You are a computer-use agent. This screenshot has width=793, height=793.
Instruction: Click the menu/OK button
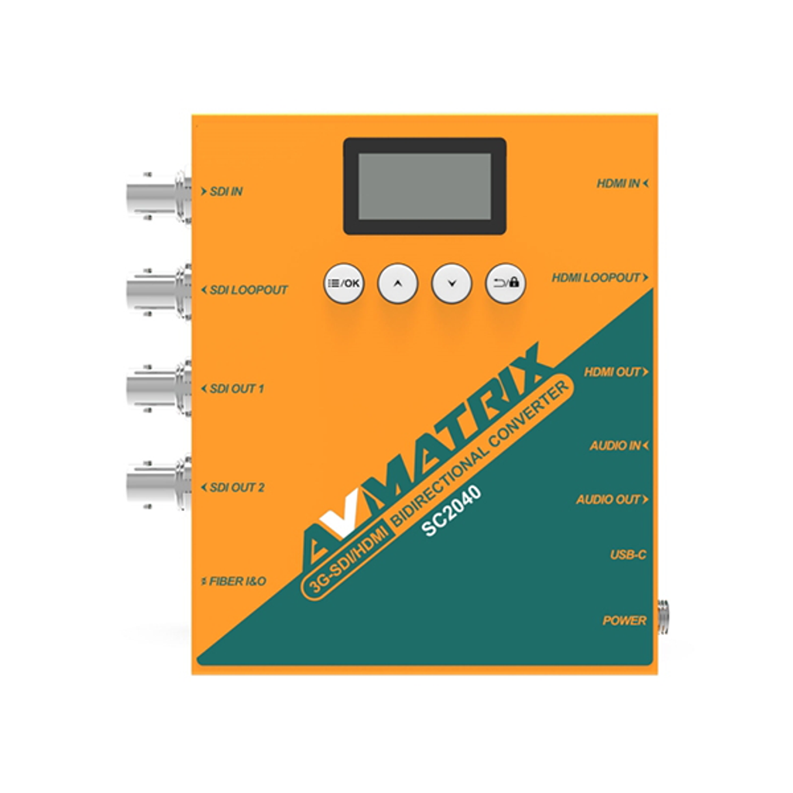(344, 283)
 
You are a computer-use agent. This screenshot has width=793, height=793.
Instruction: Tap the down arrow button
(451, 283)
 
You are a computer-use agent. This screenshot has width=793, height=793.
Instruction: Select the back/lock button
(506, 283)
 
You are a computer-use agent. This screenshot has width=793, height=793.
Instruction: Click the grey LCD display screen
(425, 186)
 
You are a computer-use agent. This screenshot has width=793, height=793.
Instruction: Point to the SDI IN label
(221, 192)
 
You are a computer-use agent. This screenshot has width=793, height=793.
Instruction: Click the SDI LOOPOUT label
(244, 290)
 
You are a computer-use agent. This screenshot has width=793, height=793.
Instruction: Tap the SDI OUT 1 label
(232, 389)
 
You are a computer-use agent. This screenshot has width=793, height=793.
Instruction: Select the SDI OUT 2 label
(232, 488)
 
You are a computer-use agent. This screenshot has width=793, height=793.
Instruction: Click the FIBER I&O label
(233, 582)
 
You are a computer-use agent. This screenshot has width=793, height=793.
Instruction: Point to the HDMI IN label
(623, 184)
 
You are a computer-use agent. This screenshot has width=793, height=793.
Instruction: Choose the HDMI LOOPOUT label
(600, 278)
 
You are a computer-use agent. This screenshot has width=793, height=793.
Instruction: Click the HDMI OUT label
(616, 372)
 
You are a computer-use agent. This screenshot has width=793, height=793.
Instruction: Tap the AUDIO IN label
(619, 446)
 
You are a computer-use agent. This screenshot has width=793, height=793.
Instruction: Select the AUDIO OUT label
(613, 499)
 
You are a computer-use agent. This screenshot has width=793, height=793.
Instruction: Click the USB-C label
(628, 554)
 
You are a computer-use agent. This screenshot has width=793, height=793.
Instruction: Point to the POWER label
(625, 620)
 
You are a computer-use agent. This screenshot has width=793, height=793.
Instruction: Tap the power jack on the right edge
(663, 616)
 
